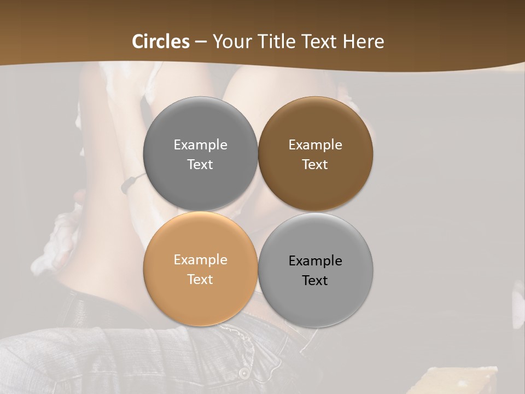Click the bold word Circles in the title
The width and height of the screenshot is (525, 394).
[x=161, y=42]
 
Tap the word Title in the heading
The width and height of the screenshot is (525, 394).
[x=276, y=42]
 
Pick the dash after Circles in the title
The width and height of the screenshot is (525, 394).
[x=201, y=42]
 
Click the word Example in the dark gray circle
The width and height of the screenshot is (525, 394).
[x=200, y=145]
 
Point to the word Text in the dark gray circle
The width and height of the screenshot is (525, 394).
[x=200, y=165]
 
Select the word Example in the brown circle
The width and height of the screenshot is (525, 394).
[x=315, y=145]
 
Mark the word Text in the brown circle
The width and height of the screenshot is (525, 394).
[x=315, y=165]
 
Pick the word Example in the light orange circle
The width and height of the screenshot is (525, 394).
[x=200, y=260]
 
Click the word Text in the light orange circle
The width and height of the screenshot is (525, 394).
[x=200, y=280]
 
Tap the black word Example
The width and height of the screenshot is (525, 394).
[x=315, y=261]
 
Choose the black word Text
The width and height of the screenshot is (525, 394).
[x=315, y=281]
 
